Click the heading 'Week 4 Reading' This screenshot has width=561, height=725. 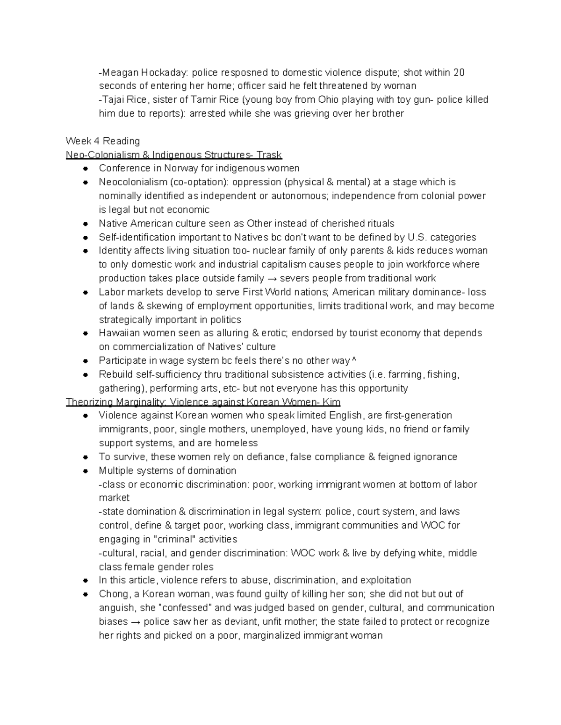[x=103, y=141]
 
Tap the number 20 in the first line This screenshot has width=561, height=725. [x=459, y=72]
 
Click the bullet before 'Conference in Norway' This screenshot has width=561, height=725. [x=86, y=168]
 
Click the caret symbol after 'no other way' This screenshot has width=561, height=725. [x=354, y=361]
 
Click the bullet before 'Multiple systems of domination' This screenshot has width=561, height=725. [x=86, y=471]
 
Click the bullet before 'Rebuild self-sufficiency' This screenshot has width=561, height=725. [x=86, y=374]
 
